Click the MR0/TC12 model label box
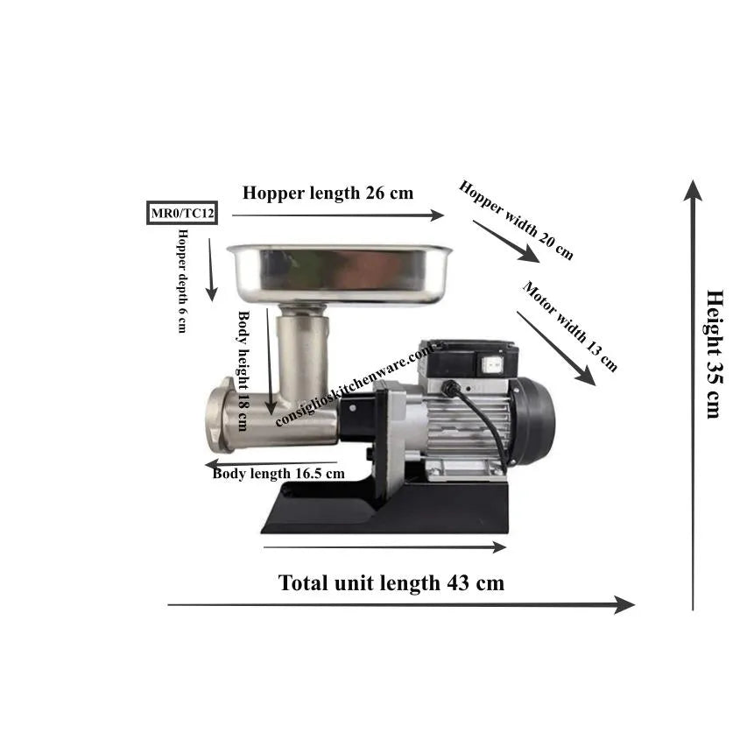(x=182, y=213)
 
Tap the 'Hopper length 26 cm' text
(x=328, y=193)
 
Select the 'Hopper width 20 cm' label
(x=516, y=220)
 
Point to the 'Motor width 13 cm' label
(x=570, y=327)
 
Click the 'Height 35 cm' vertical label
(x=714, y=354)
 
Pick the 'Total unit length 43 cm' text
(x=391, y=582)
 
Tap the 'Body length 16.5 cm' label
(x=278, y=474)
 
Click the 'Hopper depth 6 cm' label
(x=182, y=281)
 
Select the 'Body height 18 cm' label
(x=243, y=371)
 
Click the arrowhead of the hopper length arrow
(x=437, y=215)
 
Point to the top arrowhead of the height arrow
(x=694, y=189)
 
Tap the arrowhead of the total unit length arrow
(x=625, y=605)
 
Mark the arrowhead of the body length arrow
(x=212, y=464)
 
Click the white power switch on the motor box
(x=490, y=365)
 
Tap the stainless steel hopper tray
(x=339, y=273)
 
